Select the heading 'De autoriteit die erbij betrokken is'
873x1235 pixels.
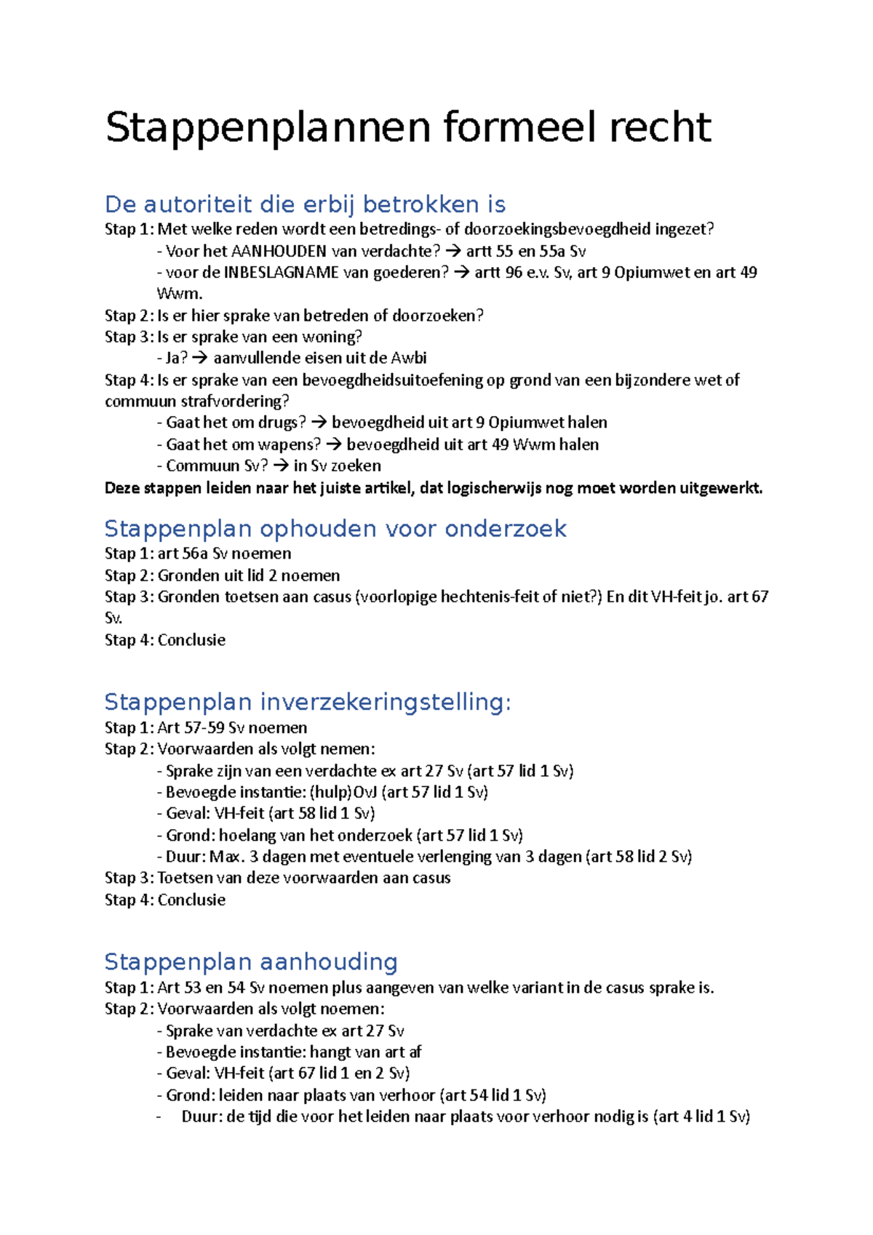pos(305,204)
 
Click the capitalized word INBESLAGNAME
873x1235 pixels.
pos(281,273)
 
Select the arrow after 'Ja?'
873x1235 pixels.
pos(201,359)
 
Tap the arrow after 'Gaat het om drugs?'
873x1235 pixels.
pos(319,423)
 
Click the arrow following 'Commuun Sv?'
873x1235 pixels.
pos(281,466)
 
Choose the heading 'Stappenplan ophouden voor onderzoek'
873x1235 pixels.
pos(335,529)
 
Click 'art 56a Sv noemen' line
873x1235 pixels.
pos(224,553)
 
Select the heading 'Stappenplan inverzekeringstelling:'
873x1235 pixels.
pos(308,703)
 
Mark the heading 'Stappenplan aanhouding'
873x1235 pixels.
pos(251,962)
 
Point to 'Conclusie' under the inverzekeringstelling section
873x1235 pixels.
pos(191,900)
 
